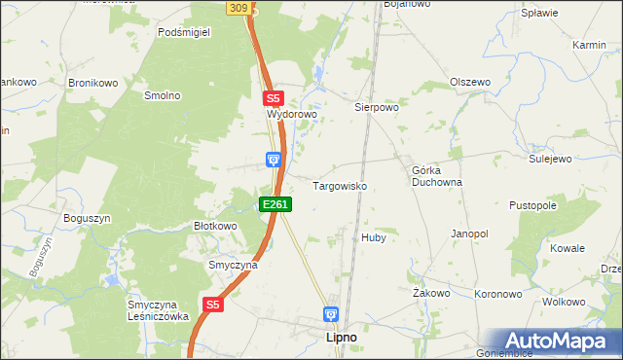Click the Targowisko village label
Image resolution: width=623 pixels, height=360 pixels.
tap(339, 185)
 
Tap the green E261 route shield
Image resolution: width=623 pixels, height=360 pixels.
tap(275, 204)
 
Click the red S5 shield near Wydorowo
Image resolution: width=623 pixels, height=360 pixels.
tap(273, 98)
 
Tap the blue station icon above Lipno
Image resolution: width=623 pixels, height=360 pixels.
tap(331, 315)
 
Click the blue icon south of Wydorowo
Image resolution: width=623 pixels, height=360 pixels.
tap(275, 159)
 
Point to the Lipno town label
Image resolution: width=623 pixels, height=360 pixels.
tap(339, 337)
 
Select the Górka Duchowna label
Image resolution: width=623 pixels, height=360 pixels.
tap(436, 175)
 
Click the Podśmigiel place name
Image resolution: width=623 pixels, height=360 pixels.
tap(184, 31)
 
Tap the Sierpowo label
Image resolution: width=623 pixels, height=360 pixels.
tap(377, 108)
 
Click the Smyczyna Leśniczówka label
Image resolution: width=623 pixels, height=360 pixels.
tap(157, 309)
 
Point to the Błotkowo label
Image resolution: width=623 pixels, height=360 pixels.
tap(215, 226)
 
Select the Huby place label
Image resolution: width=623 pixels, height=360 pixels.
tap(374, 237)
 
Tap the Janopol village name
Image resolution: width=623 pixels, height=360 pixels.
tap(469, 234)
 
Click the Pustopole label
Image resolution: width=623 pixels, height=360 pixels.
tap(532, 206)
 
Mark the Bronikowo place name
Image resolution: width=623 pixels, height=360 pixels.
tap(92, 83)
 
